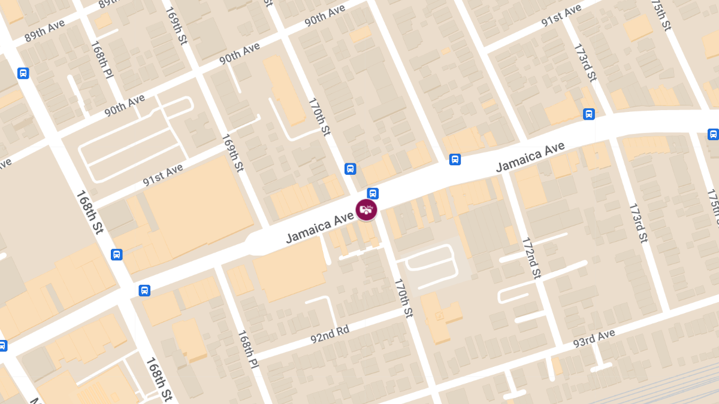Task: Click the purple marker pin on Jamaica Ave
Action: click(366, 209)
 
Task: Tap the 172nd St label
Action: click(531, 258)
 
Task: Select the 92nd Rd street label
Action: click(330, 334)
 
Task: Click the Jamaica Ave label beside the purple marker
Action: click(319, 229)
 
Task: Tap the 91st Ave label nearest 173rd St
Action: click(561, 16)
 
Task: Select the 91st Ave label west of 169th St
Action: click(162, 176)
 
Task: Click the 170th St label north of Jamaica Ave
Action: click(319, 117)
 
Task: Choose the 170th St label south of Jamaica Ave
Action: click(403, 297)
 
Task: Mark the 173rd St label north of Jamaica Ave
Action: click(585, 62)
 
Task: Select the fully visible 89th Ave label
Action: click(44, 33)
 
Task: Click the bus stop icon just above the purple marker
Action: click(373, 193)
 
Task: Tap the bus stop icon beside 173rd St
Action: click(589, 114)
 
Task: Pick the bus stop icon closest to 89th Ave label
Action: click(23, 74)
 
